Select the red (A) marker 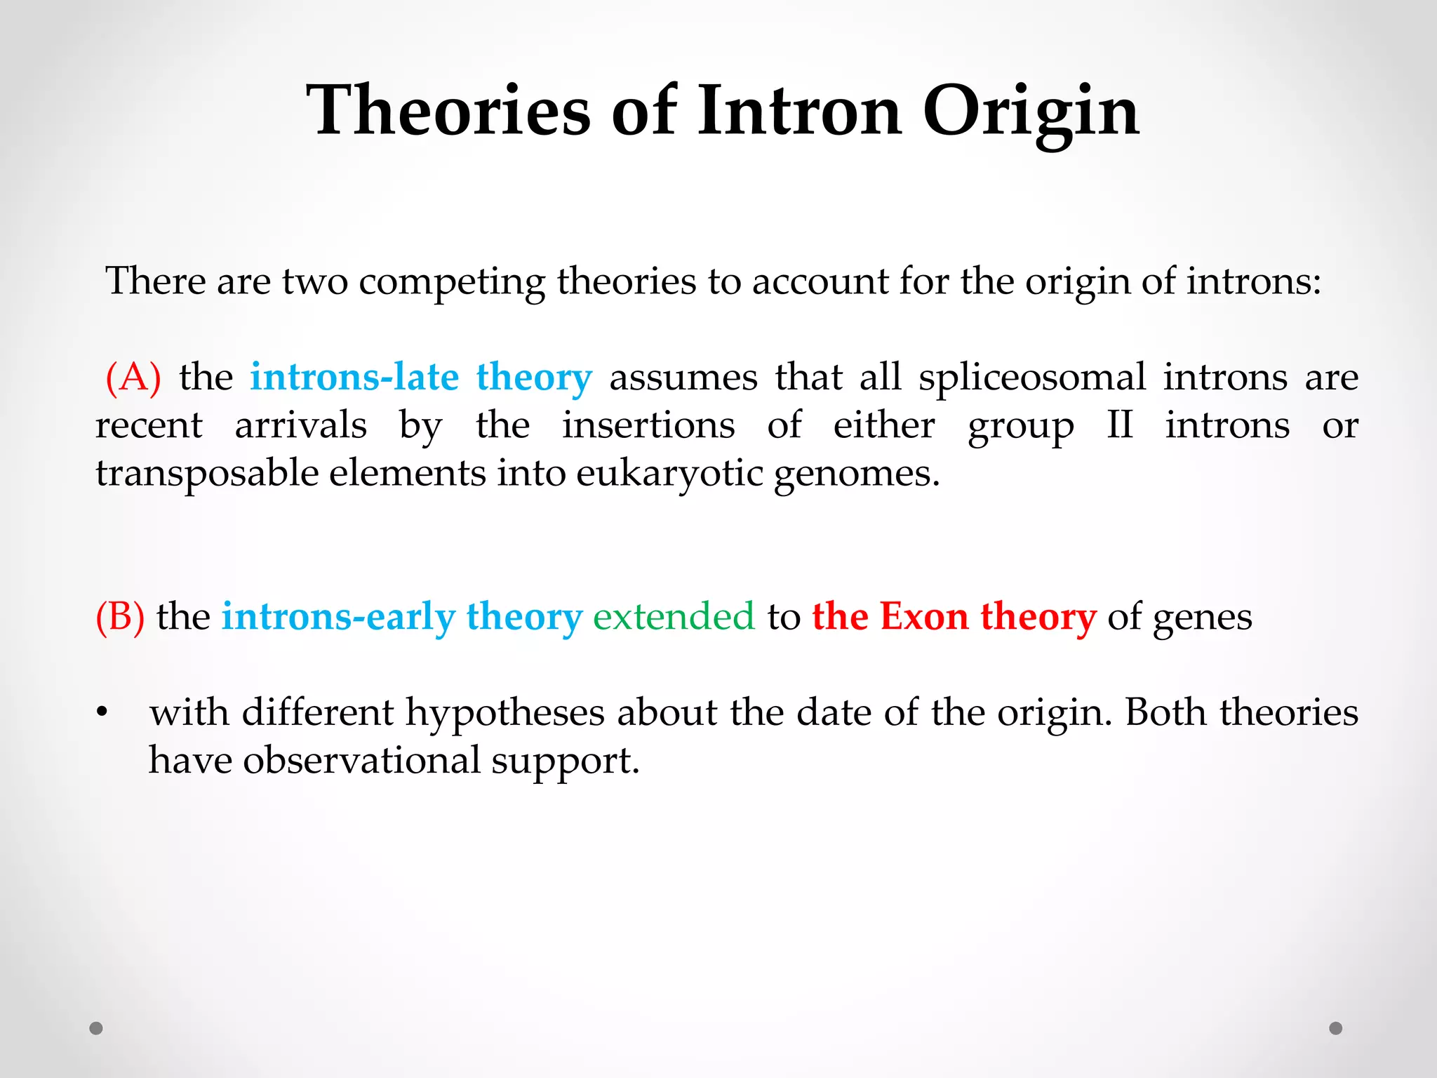[133, 378]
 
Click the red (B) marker [120, 617]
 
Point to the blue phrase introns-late [354, 377]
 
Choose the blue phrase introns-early [338, 617]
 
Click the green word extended [674, 617]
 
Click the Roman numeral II [1119, 425]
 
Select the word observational [361, 761]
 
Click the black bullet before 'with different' [102, 713]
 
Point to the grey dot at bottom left [96, 1028]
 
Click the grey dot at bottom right [1336, 1028]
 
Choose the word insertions [648, 425]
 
